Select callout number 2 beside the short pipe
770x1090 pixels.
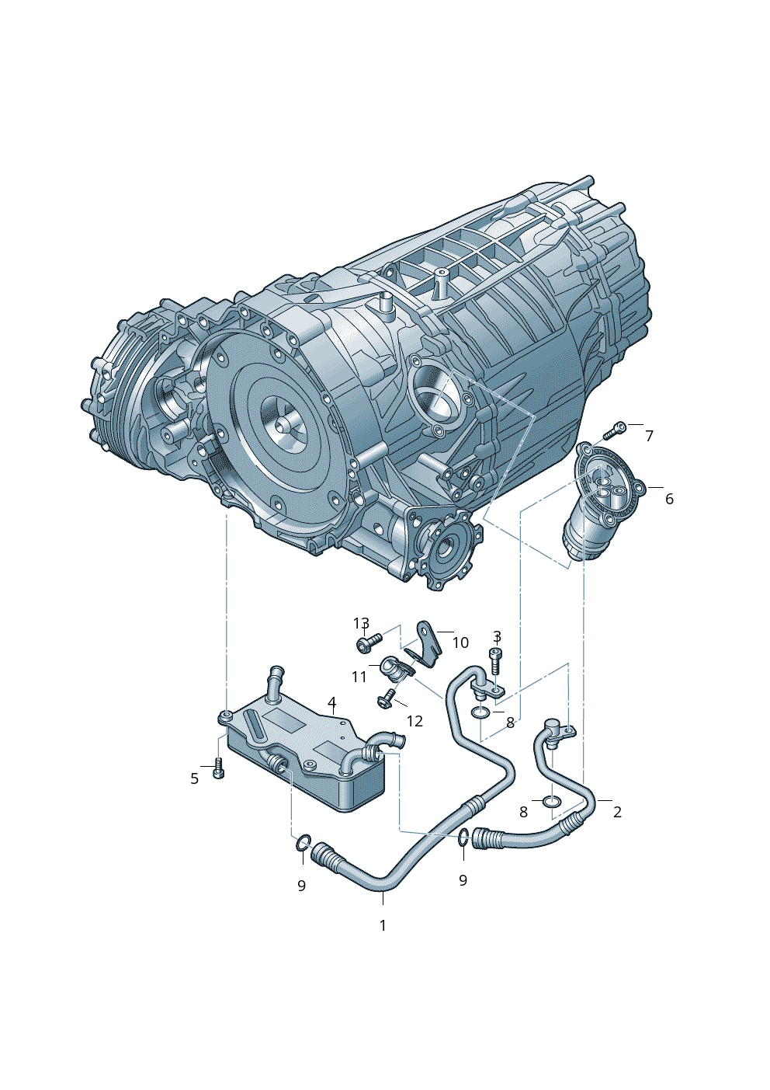tap(617, 812)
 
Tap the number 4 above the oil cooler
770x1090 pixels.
tap(331, 702)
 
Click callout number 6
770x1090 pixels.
tap(669, 499)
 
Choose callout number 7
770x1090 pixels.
tap(650, 436)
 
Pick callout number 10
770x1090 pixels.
tap(460, 643)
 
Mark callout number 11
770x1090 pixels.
tap(359, 677)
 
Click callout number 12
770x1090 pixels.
tap(414, 721)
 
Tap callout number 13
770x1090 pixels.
tap(361, 623)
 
